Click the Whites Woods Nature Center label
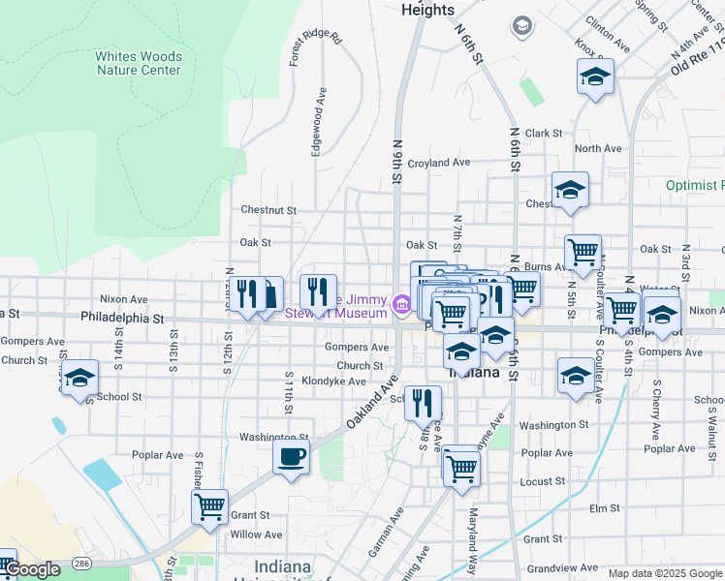[138, 63]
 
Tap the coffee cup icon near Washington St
[292, 457]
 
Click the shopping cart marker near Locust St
[460, 468]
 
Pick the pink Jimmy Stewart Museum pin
[401, 306]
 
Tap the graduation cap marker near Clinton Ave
[595, 78]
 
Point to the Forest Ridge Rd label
[315, 47]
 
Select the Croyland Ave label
[438, 163]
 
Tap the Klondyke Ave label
[332, 382]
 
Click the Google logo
[31, 570]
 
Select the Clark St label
[544, 134]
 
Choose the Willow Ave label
[256, 534]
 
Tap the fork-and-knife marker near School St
[422, 403]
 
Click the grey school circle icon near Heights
[522, 25]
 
